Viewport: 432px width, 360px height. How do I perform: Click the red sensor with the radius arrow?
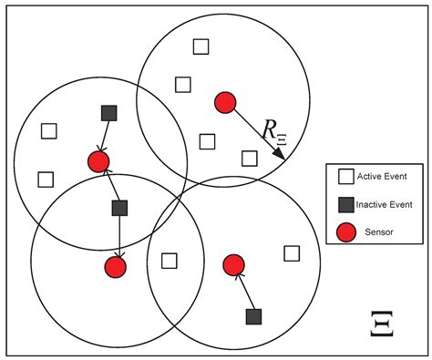pyautogui.click(x=225, y=102)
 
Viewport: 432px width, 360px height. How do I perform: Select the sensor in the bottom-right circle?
pyautogui.click(x=234, y=265)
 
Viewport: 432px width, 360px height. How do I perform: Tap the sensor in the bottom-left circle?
pyautogui.click(x=115, y=267)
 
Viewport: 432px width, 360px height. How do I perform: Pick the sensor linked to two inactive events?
pyautogui.click(x=98, y=162)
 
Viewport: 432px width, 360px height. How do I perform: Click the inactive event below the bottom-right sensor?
pyautogui.click(x=254, y=316)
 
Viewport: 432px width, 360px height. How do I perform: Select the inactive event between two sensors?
pyautogui.click(x=119, y=208)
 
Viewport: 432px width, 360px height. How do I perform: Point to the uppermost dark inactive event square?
pyautogui.click(x=109, y=113)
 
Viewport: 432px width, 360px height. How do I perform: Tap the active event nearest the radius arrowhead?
pyautogui.click(x=249, y=158)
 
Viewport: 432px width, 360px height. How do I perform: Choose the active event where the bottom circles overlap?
pyautogui.click(x=169, y=261)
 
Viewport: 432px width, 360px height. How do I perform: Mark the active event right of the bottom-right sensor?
pyautogui.click(x=292, y=253)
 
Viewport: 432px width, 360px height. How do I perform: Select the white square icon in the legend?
pyautogui.click(x=345, y=176)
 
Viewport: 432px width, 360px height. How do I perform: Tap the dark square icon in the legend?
pyautogui.click(x=345, y=204)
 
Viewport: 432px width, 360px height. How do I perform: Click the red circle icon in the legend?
pyautogui.click(x=345, y=231)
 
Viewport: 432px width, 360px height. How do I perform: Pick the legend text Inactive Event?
pyautogui.click(x=390, y=204)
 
